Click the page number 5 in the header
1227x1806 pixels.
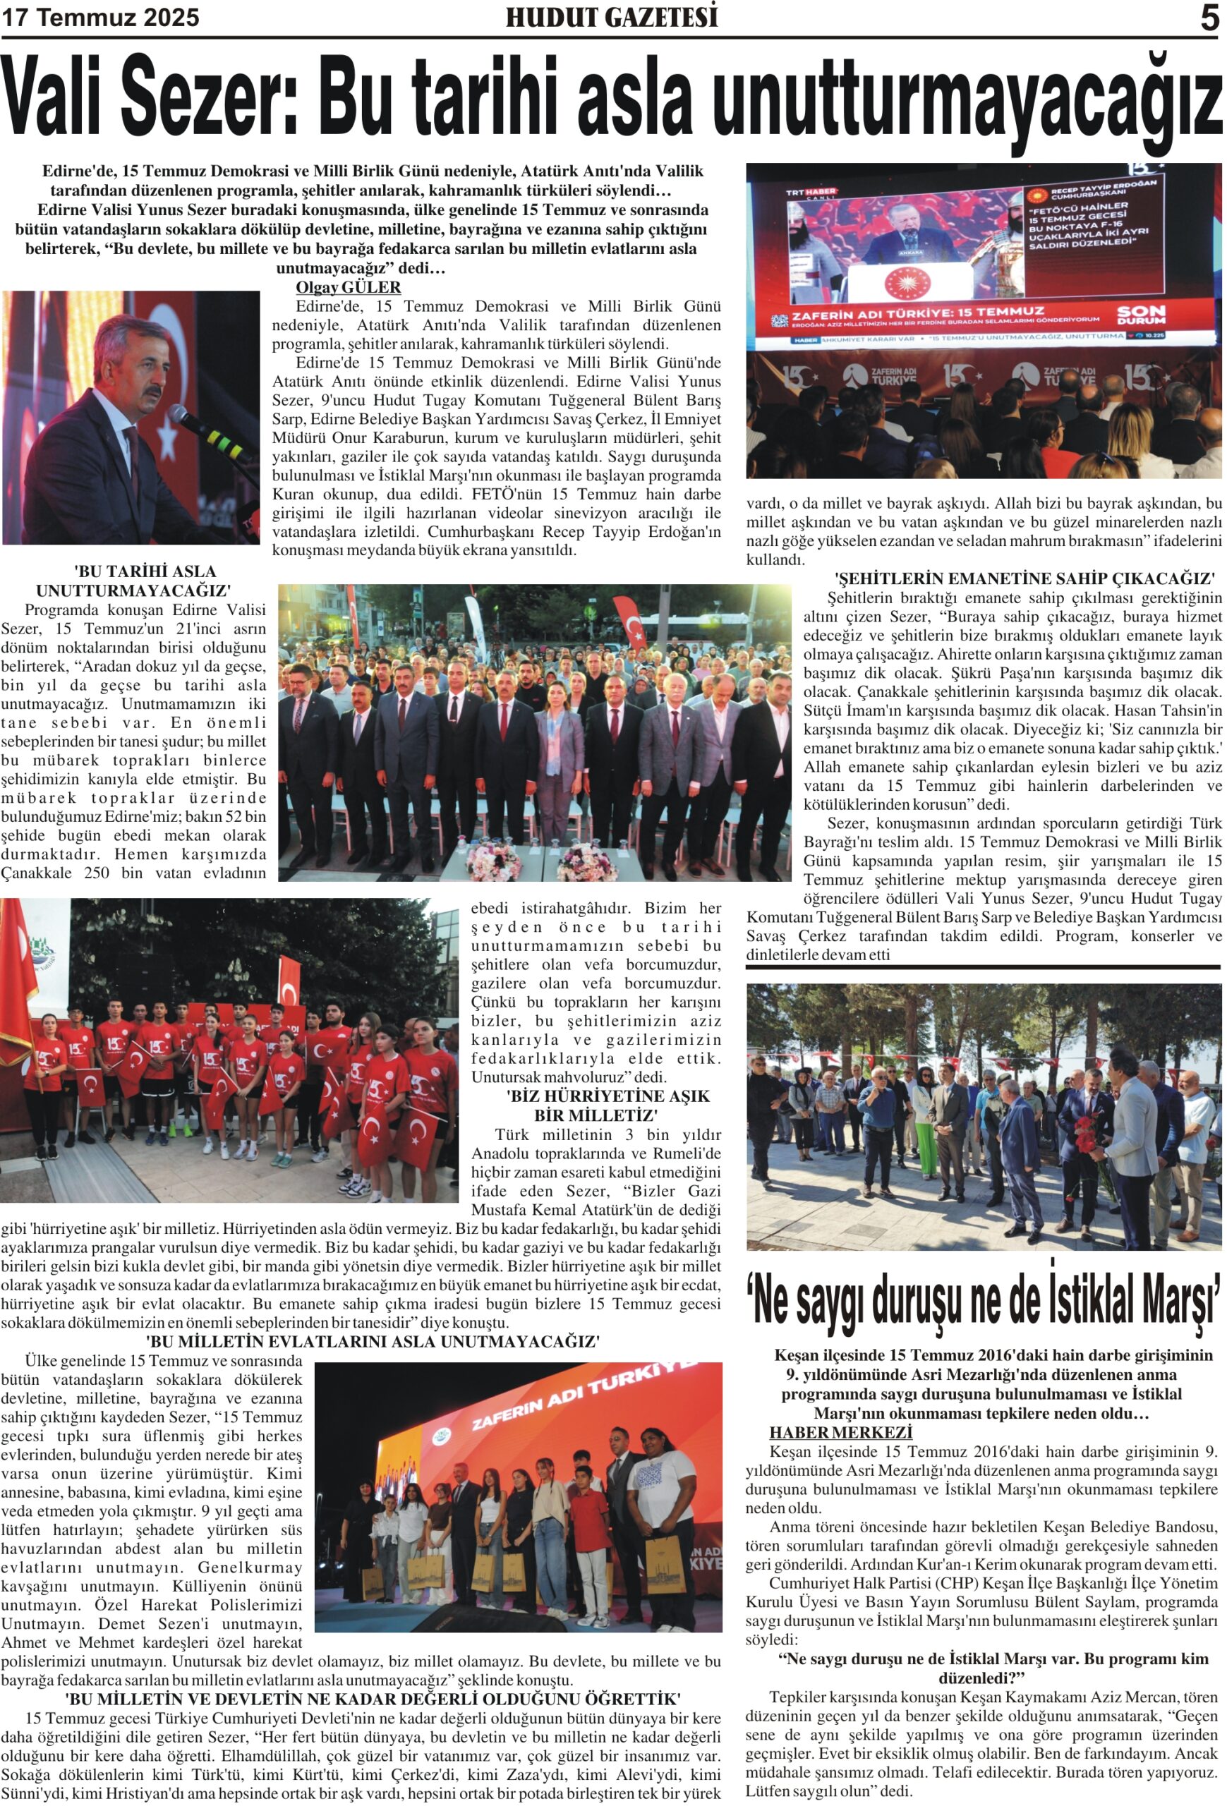click(1209, 18)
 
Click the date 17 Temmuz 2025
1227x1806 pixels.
click(100, 18)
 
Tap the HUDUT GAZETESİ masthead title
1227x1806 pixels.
click(612, 17)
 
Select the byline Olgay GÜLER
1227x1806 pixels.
click(348, 286)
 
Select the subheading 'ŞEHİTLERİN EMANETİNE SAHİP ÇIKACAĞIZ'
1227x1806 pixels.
click(1023, 578)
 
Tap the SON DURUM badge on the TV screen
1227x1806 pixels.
click(1141, 315)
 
